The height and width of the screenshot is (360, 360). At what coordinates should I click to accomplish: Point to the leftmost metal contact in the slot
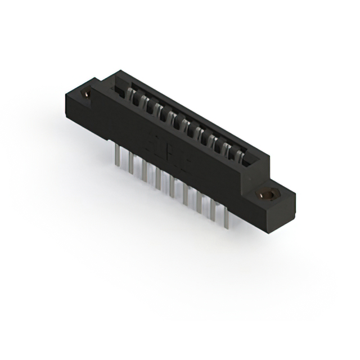[x=133, y=95]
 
